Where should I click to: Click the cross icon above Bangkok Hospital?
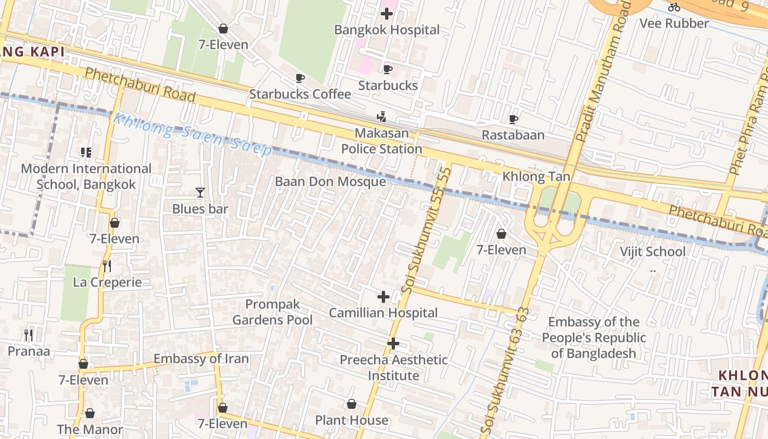tap(387, 14)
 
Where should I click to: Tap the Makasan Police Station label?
tap(381, 141)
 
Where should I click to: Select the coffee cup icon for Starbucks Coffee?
tap(300, 78)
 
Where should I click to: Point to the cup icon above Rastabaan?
tap(513, 119)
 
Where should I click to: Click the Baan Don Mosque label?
tap(330, 182)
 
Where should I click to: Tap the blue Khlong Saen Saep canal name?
tap(192, 134)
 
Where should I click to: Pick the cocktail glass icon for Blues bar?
tap(200, 193)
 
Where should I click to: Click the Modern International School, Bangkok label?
tap(86, 176)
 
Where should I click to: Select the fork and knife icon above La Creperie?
tap(107, 266)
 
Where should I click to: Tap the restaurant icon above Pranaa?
tap(29, 335)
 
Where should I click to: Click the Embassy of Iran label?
tap(201, 359)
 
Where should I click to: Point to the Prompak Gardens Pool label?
tap(273, 312)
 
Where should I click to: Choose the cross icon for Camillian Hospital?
tap(383, 297)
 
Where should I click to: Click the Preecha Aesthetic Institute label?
tap(393, 368)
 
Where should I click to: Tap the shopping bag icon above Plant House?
tap(352, 404)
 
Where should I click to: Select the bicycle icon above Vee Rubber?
tap(674, 7)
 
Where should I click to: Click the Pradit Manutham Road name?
tap(601, 71)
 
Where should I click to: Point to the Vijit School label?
tap(652, 252)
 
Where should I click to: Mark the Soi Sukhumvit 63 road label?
tap(505, 373)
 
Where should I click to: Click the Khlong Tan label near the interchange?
tap(536, 177)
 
